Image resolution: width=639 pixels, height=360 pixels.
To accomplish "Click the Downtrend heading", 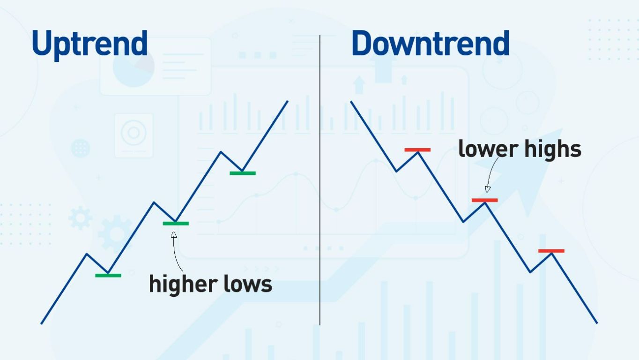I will (x=430, y=44).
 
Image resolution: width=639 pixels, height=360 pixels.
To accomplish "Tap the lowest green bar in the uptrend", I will (x=108, y=275).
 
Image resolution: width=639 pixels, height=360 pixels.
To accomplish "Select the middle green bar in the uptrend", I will (x=176, y=224).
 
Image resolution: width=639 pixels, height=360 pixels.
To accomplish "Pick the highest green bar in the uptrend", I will (x=243, y=173).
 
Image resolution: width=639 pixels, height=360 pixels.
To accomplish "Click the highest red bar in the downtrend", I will (x=417, y=150).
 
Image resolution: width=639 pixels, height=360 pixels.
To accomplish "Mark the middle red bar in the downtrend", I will (x=484, y=200).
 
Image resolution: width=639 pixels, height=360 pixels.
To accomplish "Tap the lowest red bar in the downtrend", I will (x=551, y=251).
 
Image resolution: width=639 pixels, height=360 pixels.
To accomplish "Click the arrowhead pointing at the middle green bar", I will (x=174, y=234).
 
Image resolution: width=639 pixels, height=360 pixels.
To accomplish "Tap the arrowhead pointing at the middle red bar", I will (x=488, y=189).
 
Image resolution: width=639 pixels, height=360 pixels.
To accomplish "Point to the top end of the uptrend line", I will (x=287, y=101).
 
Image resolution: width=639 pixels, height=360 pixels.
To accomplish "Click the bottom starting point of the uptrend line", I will (x=42, y=323).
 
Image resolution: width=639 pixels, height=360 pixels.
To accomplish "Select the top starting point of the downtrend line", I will (x=351, y=102).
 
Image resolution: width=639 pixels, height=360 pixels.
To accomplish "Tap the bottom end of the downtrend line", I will (x=597, y=322).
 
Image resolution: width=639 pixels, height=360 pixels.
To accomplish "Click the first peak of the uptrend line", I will (x=87, y=254).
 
